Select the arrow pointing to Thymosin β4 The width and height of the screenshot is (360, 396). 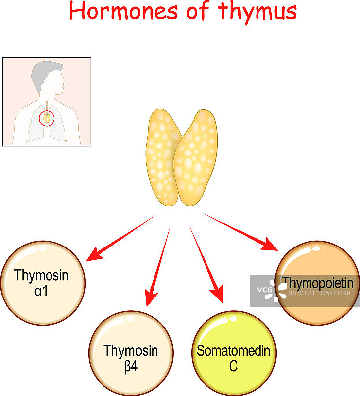click(157, 267)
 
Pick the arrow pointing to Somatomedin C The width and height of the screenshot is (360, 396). click(206, 264)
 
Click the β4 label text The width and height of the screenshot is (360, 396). click(131, 367)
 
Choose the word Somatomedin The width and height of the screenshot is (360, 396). click(233, 351)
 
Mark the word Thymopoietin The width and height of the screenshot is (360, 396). click(317, 283)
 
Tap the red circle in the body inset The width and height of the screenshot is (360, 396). click(46, 118)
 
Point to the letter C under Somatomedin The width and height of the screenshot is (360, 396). click(233, 367)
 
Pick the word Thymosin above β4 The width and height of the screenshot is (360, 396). click(131, 351)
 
